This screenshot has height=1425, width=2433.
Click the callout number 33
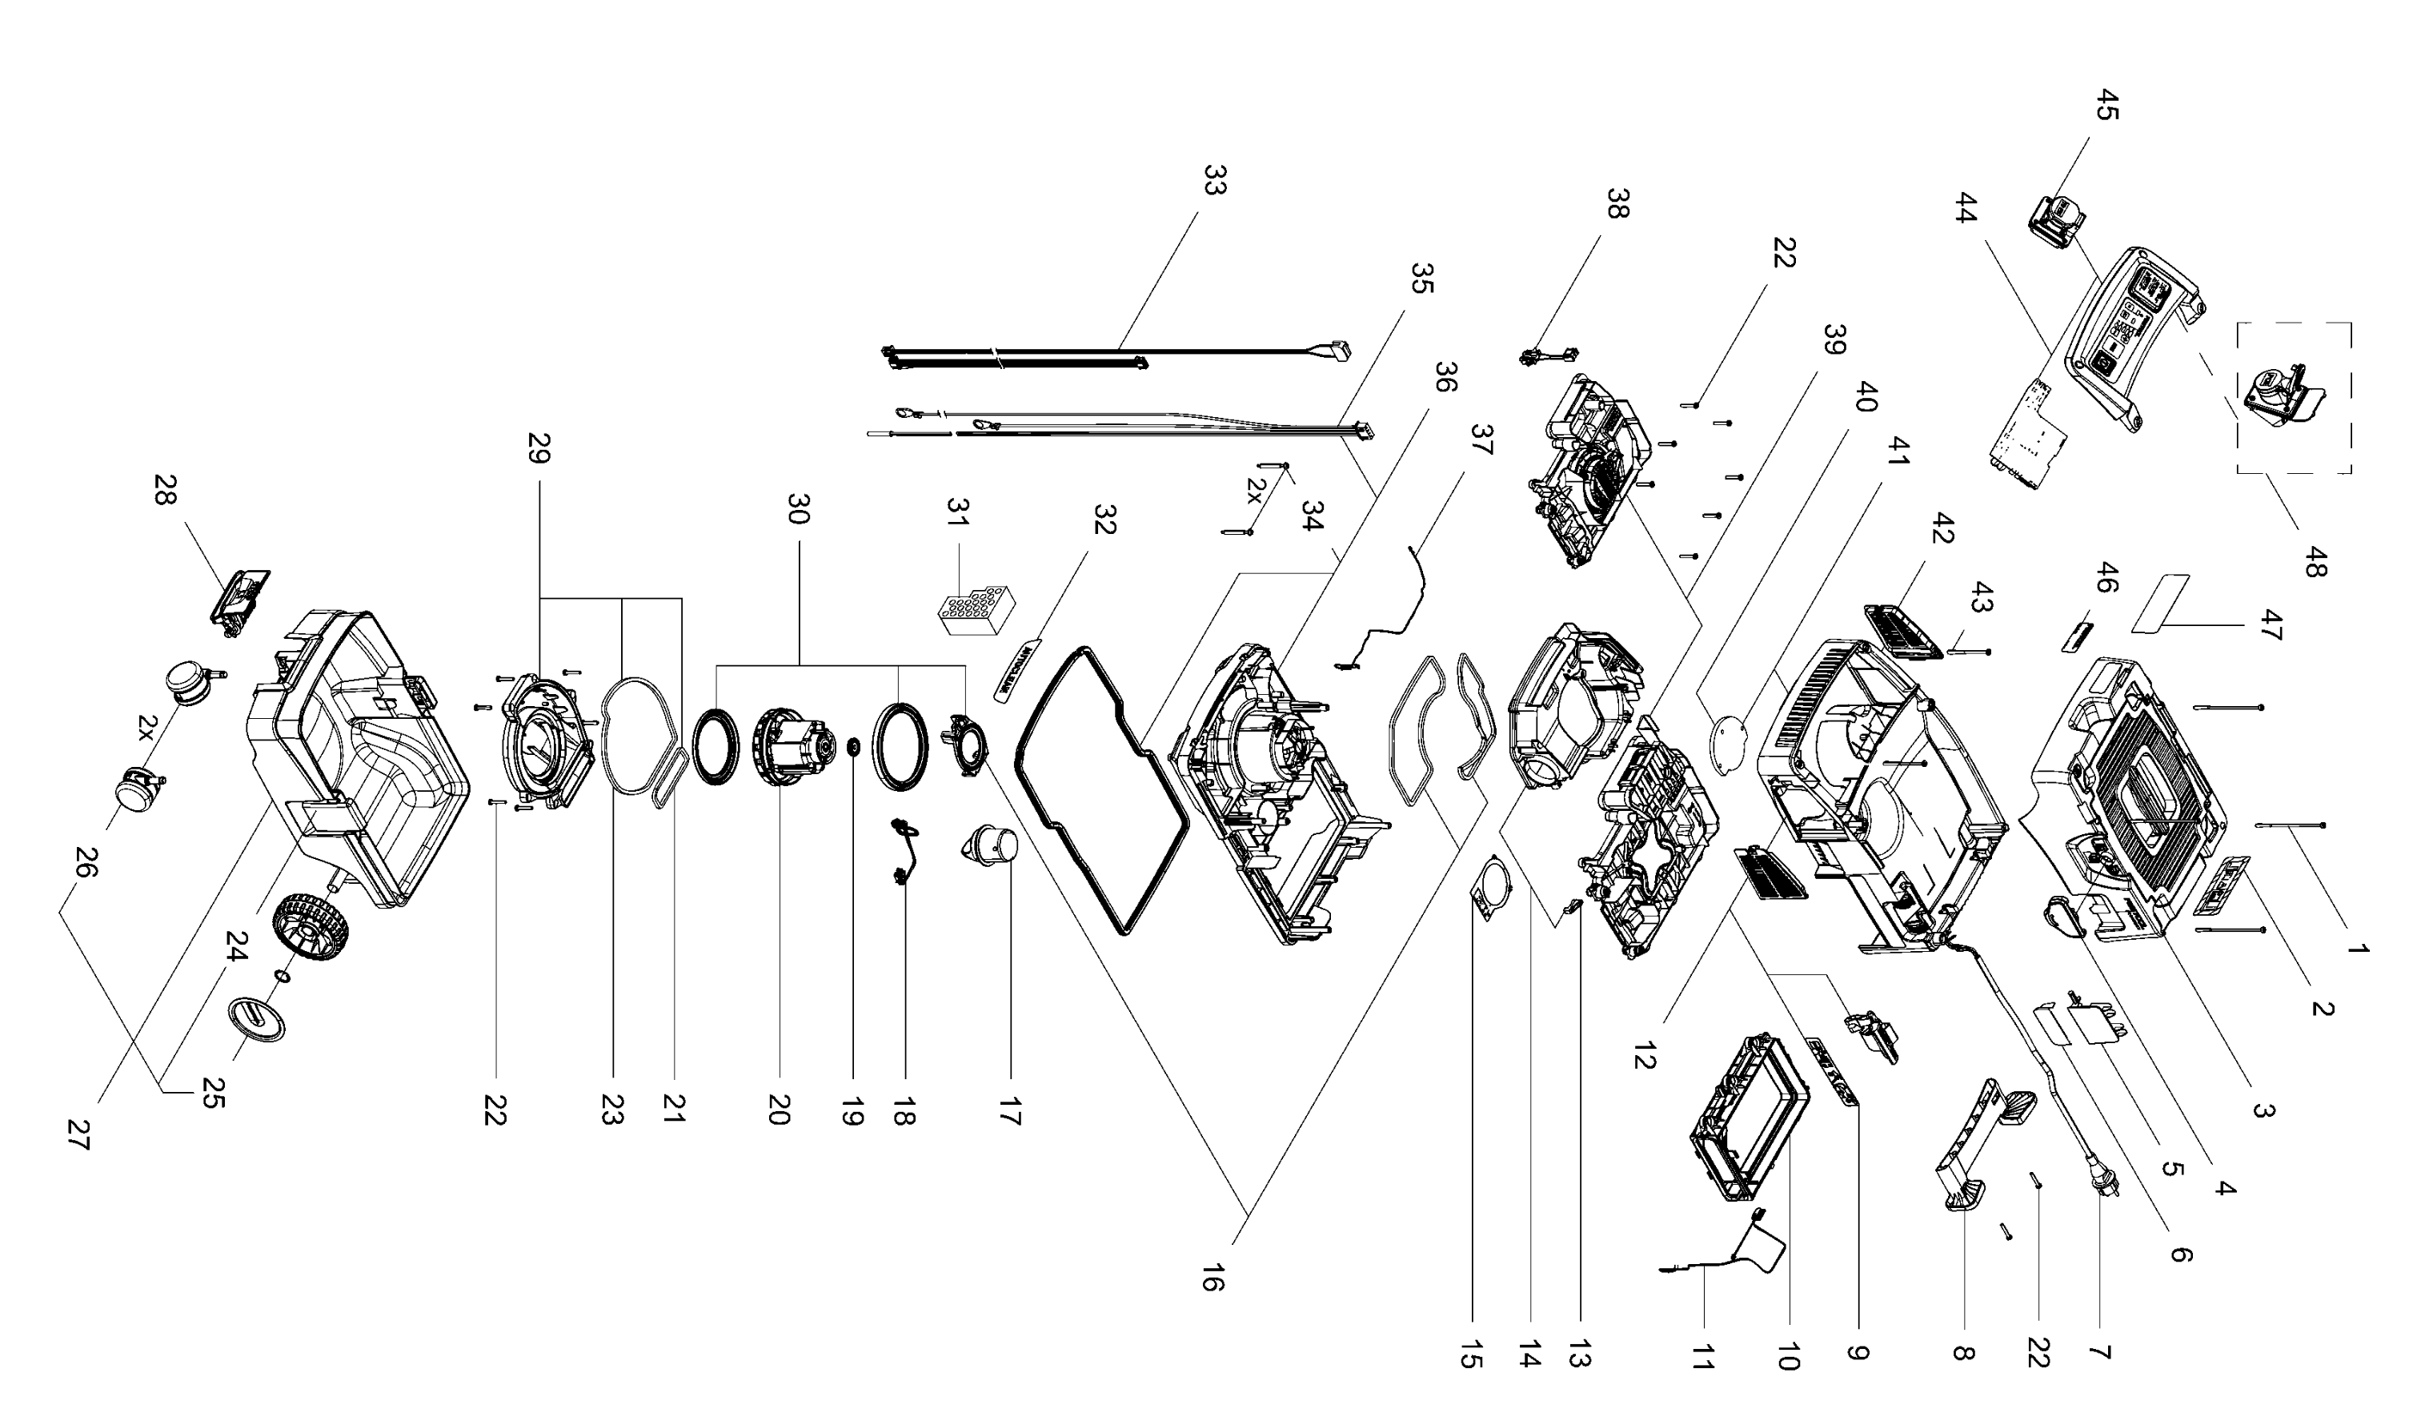pos(1215,179)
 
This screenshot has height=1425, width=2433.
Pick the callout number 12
pos(1645,1055)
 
